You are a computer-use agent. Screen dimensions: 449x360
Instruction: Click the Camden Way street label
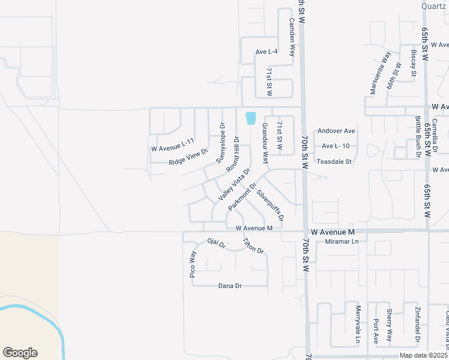pyautogui.click(x=292, y=37)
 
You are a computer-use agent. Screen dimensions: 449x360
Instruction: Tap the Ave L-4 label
pyautogui.click(x=267, y=52)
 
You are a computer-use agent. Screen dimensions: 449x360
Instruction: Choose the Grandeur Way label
pyautogui.click(x=264, y=144)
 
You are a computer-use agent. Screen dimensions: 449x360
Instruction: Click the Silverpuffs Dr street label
pyautogui.click(x=270, y=204)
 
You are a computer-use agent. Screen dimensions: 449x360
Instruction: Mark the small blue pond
pyautogui.click(x=251, y=119)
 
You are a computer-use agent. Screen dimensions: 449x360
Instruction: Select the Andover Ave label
pyautogui.click(x=337, y=131)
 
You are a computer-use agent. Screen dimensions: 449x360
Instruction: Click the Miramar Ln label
pyautogui.click(x=341, y=241)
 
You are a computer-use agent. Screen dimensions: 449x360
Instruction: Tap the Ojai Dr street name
pyautogui.click(x=215, y=244)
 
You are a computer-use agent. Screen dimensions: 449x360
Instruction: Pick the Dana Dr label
pyautogui.click(x=230, y=286)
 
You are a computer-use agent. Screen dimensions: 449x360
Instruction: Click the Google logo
pyautogui.click(x=20, y=353)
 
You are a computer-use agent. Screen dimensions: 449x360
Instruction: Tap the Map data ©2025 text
pyautogui.click(x=423, y=355)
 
